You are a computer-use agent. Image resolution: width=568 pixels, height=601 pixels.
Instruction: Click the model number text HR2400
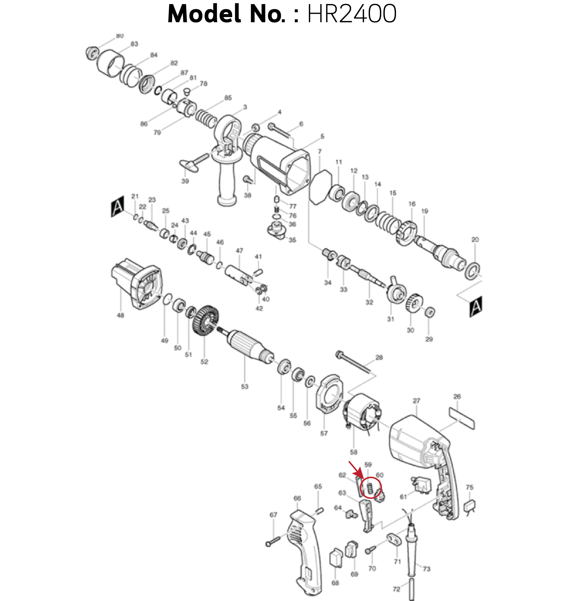coord(352,14)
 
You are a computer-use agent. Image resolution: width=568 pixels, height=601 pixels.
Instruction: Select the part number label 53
coord(245,386)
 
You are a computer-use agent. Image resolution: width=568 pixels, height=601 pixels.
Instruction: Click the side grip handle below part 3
coord(227,182)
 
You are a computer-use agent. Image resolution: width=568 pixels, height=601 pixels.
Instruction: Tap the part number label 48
coord(121,315)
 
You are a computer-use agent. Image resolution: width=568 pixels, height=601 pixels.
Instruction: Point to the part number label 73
coord(426,569)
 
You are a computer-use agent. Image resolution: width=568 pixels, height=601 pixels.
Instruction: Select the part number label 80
coord(120,36)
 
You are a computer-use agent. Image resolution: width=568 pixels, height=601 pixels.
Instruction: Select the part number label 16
coord(412,204)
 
